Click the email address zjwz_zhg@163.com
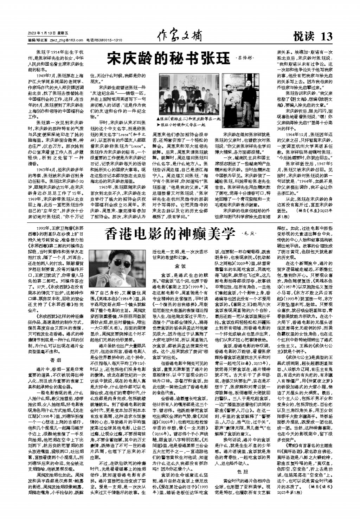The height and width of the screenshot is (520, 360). tap(67, 40)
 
